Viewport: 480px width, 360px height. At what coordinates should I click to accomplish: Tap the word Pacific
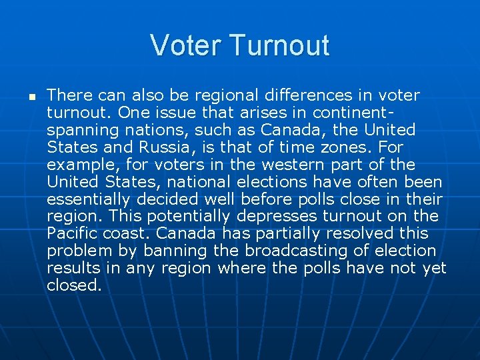[x=71, y=234]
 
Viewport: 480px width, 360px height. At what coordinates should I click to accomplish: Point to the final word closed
[x=74, y=286]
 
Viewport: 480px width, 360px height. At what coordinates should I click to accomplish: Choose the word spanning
[x=79, y=130]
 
